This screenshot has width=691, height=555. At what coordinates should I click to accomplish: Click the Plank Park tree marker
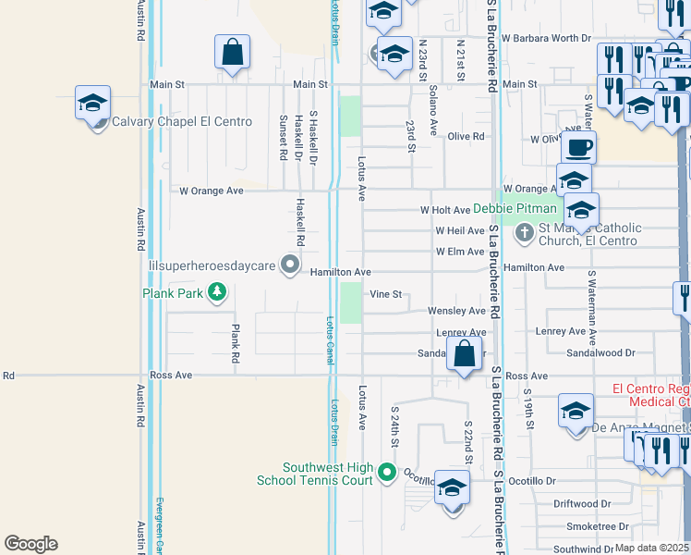pyautogui.click(x=217, y=293)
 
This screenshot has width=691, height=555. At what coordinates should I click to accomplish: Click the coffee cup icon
pyautogui.click(x=578, y=146)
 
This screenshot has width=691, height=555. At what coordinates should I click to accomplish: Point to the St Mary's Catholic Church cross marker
pyautogui.click(x=524, y=231)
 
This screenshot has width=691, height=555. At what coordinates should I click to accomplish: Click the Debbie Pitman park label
pyautogui.click(x=517, y=209)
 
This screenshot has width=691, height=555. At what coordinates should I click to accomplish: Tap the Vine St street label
pyautogui.click(x=387, y=294)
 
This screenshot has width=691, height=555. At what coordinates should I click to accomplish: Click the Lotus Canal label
pyautogui.click(x=329, y=339)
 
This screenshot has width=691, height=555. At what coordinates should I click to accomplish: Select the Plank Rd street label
pyautogui.click(x=236, y=342)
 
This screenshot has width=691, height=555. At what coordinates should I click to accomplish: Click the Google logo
pyautogui.click(x=30, y=544)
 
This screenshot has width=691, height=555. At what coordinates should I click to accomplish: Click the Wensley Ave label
pyautogui.click(x=457, y=312)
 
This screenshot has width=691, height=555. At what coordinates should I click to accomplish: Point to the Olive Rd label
pyautogui.click(x=467, y=136)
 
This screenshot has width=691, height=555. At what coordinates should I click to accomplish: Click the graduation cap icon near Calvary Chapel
pyautogui.click(x=92, y=104)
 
